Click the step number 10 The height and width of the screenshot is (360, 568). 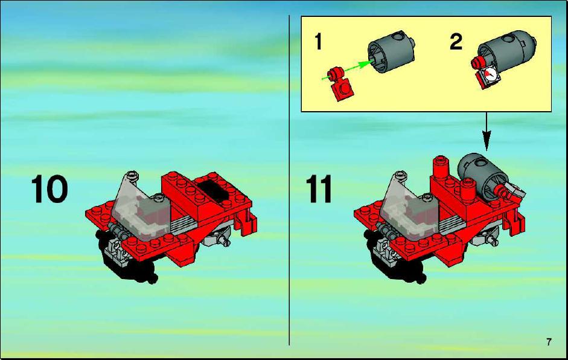[49, 189]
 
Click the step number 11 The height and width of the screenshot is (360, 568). [319, 189]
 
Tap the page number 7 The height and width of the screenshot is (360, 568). [549, 341]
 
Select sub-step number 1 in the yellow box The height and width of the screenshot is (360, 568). [318, 41]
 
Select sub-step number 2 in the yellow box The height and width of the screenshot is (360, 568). [456, 42]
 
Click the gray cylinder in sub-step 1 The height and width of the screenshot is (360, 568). [391, 51]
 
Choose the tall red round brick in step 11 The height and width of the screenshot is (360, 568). [441, 167]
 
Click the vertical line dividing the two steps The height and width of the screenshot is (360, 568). [289, 180]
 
